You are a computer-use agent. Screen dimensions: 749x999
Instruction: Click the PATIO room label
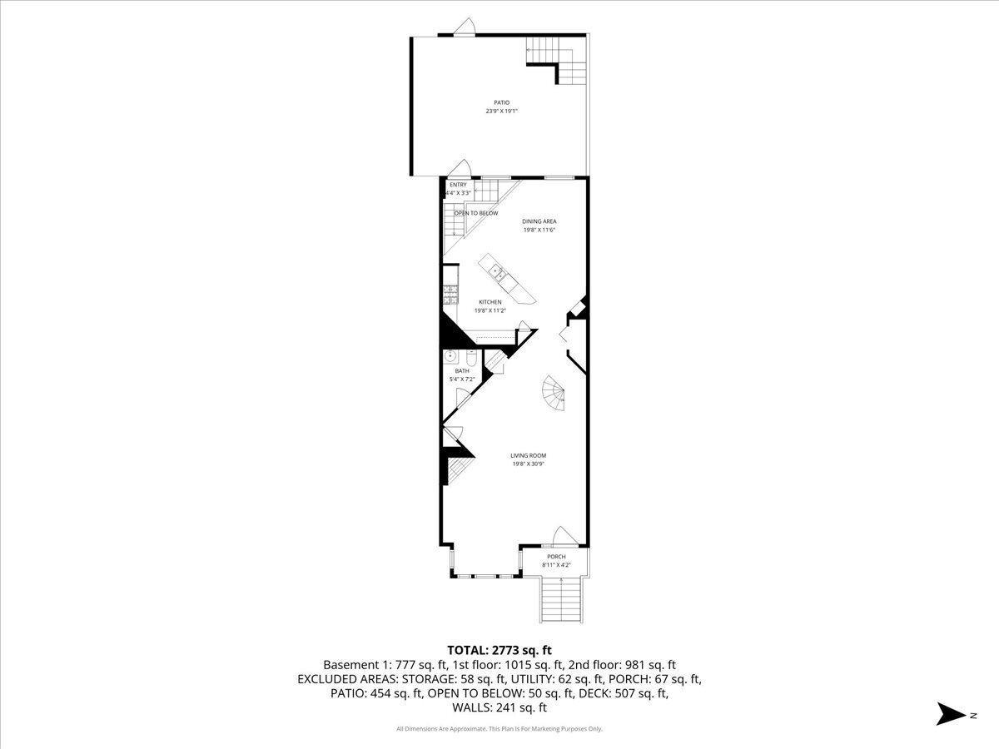point(502,102)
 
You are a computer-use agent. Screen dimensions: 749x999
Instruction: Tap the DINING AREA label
point(534,221)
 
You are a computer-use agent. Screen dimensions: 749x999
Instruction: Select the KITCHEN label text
point(490,302)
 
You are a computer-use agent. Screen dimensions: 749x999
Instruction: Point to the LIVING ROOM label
point(528,455)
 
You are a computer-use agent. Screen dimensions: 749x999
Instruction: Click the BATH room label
point(461,370)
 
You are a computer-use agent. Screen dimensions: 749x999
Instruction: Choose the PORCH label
point(556,557)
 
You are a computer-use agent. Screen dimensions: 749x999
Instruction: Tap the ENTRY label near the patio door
point(458,185)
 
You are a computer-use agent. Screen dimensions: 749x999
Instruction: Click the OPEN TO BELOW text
point(476,213)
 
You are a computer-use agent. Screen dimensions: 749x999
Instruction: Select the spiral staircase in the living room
point(554,394)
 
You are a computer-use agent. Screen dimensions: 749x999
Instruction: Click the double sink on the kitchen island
point(496,270)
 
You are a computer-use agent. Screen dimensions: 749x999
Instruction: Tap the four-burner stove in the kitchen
point(450,292)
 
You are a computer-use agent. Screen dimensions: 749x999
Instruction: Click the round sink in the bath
point(450,356)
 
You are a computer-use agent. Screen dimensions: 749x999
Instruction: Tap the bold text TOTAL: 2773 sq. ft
point(499,650)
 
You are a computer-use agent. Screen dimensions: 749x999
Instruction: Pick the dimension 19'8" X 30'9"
point(528,464)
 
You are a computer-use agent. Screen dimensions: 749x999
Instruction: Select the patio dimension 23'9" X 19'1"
point(502,112)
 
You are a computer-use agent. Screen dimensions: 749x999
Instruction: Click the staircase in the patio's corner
point(563,62)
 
